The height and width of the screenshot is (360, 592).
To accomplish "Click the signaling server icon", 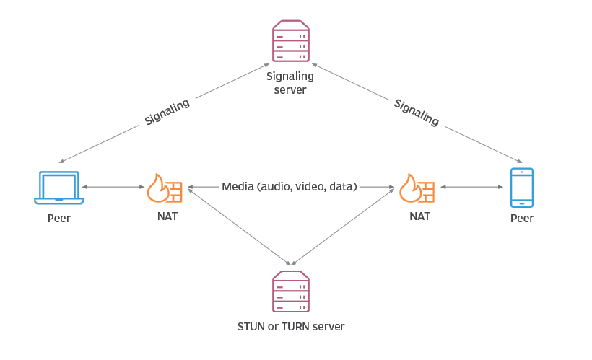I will click(x=290, y=41).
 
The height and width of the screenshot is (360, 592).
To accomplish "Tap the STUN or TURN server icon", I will click(x=290, y=291).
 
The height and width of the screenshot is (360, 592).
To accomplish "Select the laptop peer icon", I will click(x=59, y=188).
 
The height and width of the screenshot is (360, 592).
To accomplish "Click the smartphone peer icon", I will click(x=521, y=188).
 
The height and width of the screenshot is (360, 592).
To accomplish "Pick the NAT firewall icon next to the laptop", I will click(x=164, y=188).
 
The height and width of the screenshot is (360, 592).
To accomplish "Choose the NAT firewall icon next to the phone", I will click(x=417, y=188).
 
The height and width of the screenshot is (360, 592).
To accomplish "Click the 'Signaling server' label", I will click(x=290, y=83).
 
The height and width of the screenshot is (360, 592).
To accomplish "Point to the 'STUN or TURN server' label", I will click(x=291, y=327).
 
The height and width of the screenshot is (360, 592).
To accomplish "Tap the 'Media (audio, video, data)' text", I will click(x=290, y=187).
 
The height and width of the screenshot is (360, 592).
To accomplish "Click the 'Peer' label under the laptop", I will click(x=59, y=218).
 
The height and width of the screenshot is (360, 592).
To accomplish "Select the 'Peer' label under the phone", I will click(x=521, y=218).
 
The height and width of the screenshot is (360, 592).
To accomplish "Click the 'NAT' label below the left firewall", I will click(x=166, y=216).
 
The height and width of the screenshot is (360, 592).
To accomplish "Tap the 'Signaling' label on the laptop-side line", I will click(x=167, y=112).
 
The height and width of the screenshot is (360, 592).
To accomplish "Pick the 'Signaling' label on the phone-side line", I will click(x=417, y=113).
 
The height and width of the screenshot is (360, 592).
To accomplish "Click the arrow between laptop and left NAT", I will click(x=114, y=188).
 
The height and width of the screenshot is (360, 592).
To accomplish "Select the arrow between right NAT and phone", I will click(x=471, y=188).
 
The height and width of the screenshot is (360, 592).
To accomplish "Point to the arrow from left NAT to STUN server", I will click(x=238, y=226).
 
